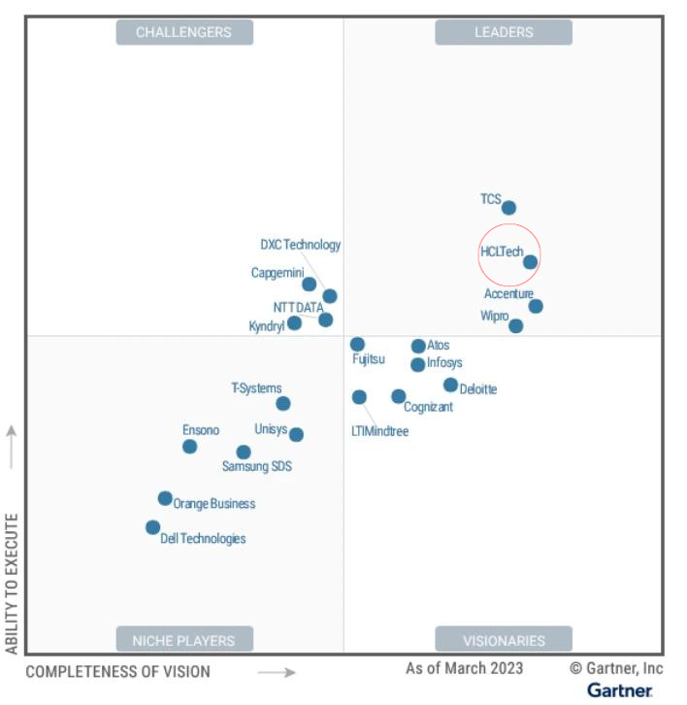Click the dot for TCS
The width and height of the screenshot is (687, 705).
[508, 207]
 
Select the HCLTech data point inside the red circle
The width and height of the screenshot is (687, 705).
[530, 261]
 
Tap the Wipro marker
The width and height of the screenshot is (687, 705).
[516, 325]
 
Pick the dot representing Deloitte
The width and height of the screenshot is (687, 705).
[450, 385]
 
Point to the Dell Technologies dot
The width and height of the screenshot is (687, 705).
[153, 527]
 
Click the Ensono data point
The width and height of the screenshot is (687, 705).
[190, 446]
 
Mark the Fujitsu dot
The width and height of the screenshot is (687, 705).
[357, 344]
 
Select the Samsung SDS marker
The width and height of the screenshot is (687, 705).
[244, 452]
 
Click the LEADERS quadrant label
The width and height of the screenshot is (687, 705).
[504, 32]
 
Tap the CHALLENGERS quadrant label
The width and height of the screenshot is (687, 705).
[184, 32]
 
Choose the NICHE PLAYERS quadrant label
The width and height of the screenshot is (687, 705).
[184, 640]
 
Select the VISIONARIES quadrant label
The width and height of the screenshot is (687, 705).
[504, 640]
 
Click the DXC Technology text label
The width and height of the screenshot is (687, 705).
[301, 245]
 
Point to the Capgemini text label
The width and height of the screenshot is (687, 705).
[278, 273]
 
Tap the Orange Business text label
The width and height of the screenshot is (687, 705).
[214, 503]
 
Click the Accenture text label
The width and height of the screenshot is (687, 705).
[508, 293]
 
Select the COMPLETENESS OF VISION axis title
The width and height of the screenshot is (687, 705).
[117, 671]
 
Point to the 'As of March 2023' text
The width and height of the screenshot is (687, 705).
[465, 668]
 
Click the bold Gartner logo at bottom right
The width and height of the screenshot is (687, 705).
[620, 689]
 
